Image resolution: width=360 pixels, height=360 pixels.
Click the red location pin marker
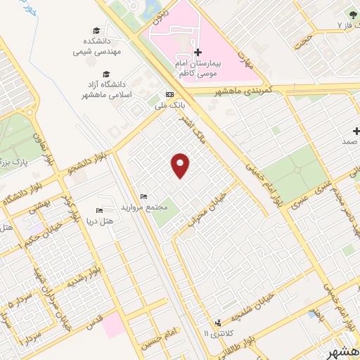181,165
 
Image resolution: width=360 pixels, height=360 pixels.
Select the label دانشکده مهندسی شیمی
98,45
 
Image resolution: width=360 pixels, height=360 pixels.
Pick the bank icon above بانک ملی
169,95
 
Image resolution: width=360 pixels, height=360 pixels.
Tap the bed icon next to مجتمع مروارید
144,196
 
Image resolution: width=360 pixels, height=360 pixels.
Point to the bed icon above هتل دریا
99,210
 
